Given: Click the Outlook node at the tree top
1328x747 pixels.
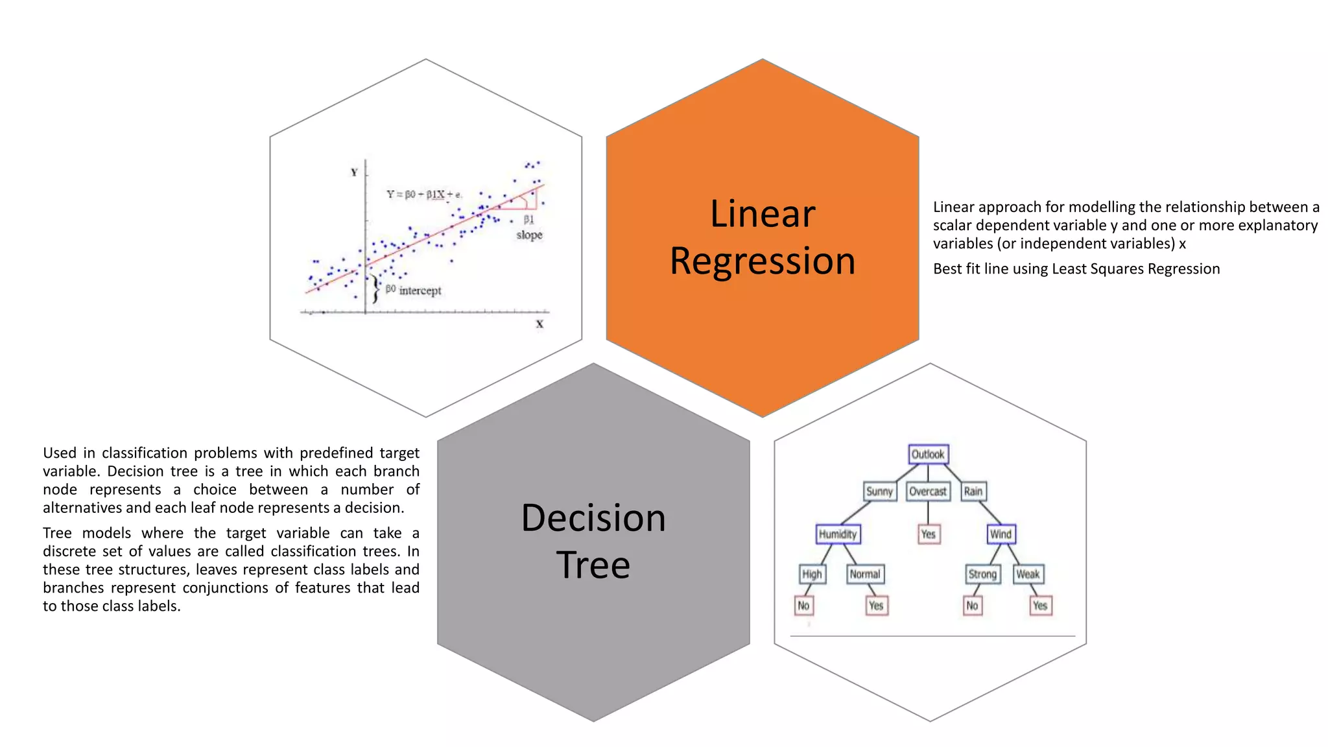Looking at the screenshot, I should (x=928, y=454).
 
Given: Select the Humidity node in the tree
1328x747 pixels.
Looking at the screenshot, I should (x=838, y=534).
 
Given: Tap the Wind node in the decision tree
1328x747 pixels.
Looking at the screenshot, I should (x=1001, y=534).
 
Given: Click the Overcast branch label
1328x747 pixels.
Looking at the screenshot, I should (x=927, y=491).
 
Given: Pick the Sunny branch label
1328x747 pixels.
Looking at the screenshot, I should (x=879, y=491).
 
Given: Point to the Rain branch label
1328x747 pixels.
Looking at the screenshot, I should (x=973, y=491).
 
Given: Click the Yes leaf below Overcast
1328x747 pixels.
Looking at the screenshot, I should (x=929, y=534).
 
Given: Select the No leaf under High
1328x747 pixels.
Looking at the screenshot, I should (x=803, y=605).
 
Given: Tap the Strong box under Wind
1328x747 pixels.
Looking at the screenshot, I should (x=982, y=574).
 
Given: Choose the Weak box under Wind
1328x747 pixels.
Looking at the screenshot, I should (x=1028, y=574).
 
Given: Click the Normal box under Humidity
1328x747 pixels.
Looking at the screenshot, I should (x=865, y=574).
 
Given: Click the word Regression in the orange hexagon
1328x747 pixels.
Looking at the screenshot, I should (x=763, y=261).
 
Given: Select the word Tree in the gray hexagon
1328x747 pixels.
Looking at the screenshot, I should (x=593, y=564).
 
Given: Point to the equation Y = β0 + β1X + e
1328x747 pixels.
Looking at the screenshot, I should (x=424, y=194).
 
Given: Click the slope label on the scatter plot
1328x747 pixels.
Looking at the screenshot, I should (x=529, y=235).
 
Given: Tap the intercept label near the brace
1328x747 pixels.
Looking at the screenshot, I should (x=420, y=290).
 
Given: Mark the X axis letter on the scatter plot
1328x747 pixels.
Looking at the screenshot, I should (x=539, y=324).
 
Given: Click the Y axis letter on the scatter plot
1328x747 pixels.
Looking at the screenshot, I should (x=354, y=172).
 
